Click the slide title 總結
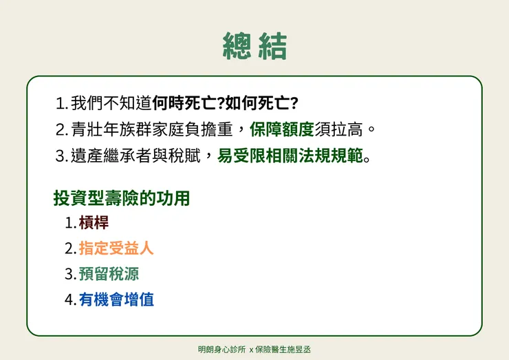(254, 46)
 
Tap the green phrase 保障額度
(282, 129)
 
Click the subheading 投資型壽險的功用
(122, 199)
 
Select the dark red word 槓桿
(94, 223)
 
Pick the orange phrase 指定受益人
(116, 248)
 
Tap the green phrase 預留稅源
(109, 274)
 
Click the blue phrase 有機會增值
(116, 299)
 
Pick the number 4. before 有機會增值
(69, 300)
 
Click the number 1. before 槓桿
(69, 224)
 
